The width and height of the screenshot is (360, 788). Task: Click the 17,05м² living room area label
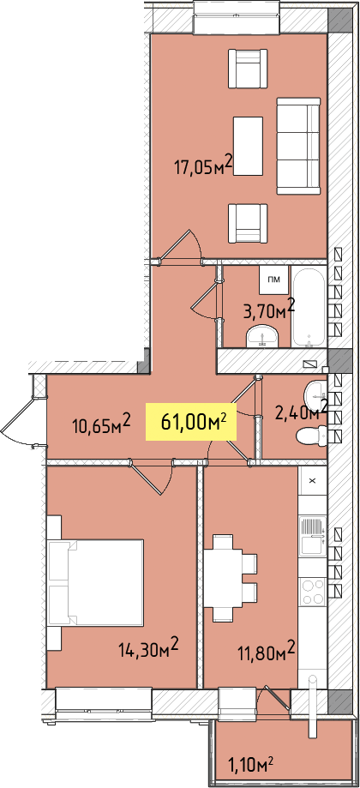coord(203,165)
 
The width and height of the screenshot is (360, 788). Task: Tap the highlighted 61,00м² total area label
coord(191,422)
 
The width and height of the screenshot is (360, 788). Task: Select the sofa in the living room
coord(298,146)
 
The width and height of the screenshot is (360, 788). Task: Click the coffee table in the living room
coord(248,146)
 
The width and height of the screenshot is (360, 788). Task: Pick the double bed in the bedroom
coord(95,582)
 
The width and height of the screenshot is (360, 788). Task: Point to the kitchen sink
coord(312,538)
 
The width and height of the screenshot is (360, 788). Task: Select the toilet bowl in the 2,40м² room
coord(311,435)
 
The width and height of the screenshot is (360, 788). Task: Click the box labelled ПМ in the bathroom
coord(274,280)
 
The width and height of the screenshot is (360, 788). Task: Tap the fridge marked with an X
coord(312,481)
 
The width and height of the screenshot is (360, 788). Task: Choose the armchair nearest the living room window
coord(248,69)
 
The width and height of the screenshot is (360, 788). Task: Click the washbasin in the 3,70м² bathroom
coord(261,335)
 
